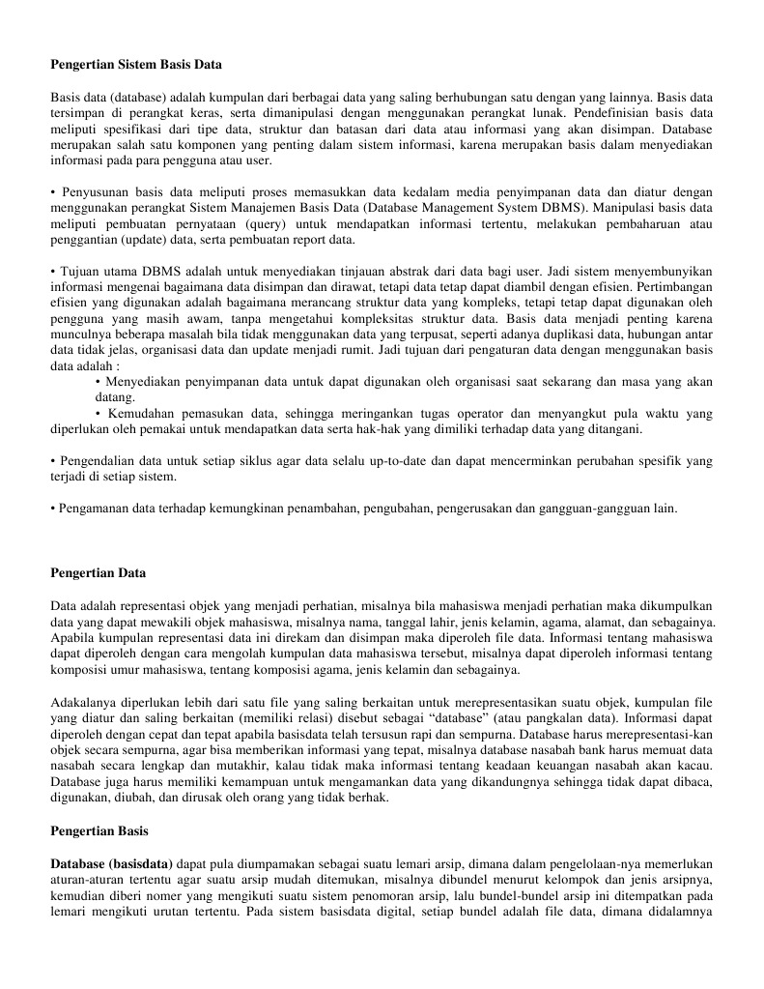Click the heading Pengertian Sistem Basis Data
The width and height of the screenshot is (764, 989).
(136, 65)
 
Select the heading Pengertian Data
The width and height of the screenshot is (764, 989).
(98, 573)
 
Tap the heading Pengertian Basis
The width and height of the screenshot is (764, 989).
(99, 830)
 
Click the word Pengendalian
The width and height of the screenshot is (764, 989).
(98, 461)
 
